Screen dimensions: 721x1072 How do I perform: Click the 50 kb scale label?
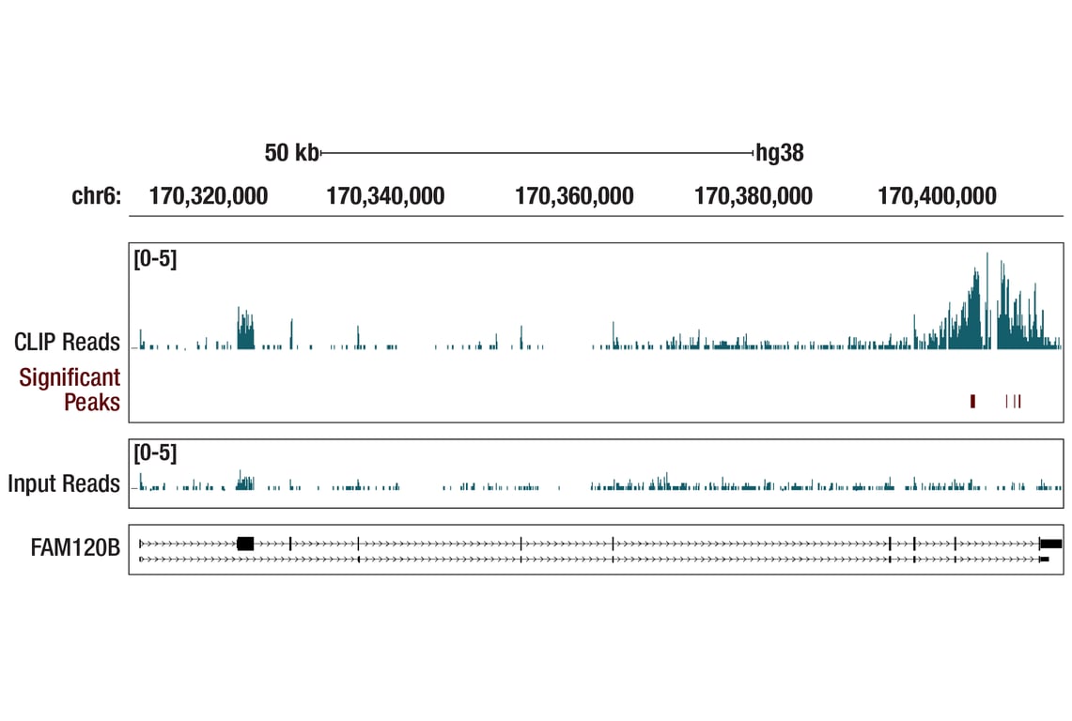tap(291, 153)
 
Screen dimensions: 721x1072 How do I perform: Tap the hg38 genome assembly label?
tap(780, 153)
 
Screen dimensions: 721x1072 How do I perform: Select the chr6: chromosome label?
tap(97, 197)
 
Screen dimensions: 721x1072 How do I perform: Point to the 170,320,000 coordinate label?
tap(209, 197)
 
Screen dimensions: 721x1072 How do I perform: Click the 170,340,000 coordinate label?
tap(385, 197)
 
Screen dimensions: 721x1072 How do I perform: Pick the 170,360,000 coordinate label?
tap(574, 197)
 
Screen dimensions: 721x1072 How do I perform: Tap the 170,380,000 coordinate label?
tap(754, 197)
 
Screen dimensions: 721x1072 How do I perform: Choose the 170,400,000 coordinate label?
tap(937, 197)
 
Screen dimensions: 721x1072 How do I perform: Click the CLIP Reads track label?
tap(67, 342)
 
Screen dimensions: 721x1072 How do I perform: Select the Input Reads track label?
tap(64, 484)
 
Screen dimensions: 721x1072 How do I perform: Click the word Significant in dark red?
tap(70, 377)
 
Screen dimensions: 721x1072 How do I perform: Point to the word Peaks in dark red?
tap(92, 402)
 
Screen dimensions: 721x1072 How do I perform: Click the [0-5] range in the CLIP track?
tap(155, 259)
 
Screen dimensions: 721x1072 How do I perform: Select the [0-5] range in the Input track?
tap(155, 454)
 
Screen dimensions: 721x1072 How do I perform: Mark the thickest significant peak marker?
tap(972, 402)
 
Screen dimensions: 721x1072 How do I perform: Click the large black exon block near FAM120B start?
tap(245, 544)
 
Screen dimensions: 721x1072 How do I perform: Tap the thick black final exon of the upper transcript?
tap(1050, 544)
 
